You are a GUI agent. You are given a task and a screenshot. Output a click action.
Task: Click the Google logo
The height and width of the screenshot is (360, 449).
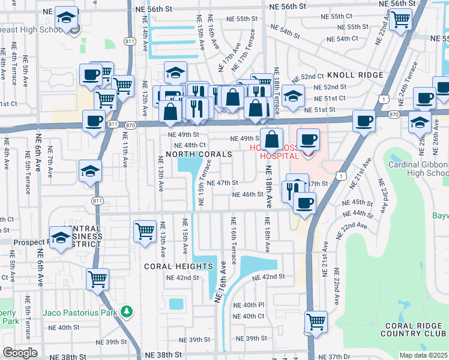click(20, 353)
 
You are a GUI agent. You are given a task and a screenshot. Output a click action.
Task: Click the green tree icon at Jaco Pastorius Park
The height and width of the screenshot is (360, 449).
click(126, 311)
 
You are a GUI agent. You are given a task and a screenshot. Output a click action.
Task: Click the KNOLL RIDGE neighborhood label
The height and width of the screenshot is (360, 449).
click(355, 75)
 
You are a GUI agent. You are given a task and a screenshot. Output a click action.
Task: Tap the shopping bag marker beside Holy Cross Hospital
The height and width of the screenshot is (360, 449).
click(272, 139)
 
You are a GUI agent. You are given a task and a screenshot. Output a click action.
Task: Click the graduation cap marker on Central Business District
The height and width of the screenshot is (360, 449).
click(61, 237)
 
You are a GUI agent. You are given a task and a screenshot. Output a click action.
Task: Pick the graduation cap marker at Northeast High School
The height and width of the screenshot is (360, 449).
click(67, 16)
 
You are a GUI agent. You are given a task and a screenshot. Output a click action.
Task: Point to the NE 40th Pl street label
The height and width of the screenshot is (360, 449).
click(249, 305)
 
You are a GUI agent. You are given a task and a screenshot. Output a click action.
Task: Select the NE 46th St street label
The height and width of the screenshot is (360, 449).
click(248, 194)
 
